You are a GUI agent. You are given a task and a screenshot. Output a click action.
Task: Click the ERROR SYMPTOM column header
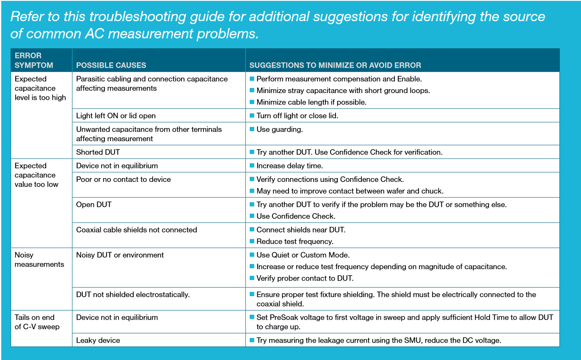(34, 60)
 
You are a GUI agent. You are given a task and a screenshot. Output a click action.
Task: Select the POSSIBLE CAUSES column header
(111, 65)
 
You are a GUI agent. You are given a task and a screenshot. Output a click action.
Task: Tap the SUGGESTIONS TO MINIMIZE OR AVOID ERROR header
(335, 65)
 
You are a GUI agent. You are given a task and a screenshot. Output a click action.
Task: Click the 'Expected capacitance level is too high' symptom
(40, 88)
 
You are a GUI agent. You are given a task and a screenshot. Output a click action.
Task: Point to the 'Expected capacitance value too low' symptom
(36, 175)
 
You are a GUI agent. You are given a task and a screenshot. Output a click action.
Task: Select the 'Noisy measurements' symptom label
(39, 260)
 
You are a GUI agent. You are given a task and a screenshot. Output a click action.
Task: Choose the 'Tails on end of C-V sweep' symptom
(36, 322)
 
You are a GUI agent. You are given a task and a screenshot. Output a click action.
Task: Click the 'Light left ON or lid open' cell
(116, 115)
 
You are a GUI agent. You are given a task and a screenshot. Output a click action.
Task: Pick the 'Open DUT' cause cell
(94, 204)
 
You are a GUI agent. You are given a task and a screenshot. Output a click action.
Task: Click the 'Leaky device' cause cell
(98, 340)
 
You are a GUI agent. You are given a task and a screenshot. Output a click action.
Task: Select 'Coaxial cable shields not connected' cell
(136, 230)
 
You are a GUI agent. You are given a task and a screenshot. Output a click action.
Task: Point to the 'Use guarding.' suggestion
(279, 129)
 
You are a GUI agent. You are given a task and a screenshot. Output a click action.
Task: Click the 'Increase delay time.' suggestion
(289, 165)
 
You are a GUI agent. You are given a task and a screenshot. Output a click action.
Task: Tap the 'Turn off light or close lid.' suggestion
(297, 115)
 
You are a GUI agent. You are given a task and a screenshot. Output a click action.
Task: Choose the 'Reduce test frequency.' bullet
(295, 242)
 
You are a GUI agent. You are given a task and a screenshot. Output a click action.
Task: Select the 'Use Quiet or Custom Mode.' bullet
(303, 255)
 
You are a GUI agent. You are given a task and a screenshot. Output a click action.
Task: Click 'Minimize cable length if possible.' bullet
(311, 102)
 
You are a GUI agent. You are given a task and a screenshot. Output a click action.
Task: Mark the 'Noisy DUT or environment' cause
(120, 255)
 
